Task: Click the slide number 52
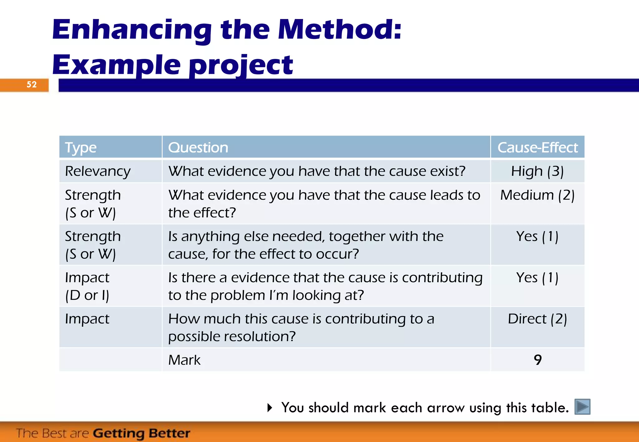[x=32, y=84]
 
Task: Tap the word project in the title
[x=241, y=65]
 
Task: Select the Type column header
[x=81, y=147]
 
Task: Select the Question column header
[x=198, y=147]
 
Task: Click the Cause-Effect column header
[x=537, y=147]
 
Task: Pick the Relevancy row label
[x=98, y=171]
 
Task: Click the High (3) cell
[x=537, y=171]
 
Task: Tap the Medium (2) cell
[x=537, y=195]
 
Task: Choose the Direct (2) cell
[x=537, y=319]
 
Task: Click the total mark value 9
[x=537, y=360]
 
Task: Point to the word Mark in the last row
[x=184, y=360]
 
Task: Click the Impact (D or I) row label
[x=87, y=286]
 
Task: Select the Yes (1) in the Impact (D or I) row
[x=537, y=277]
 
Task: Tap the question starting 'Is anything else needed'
[x=306, y=245]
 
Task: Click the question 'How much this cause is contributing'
[x=301, y=327]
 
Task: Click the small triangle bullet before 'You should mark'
[x=270, y=407]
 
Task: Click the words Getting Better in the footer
[x=141, y=433]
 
